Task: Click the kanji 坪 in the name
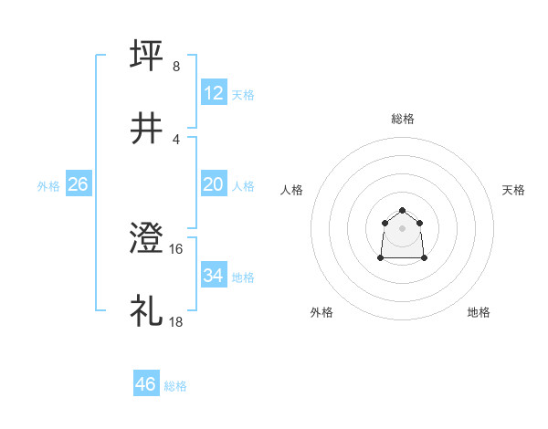[x=147, y=56]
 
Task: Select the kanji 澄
[x=147, y=239]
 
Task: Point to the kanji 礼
[x=147, y=311]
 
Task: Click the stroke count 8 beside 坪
[x=176, y=67]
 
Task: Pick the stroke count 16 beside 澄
[x=178, y=248]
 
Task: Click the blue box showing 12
[x=214, y=93]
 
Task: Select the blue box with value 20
[x=214, y=184]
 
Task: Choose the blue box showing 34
[x=214, y=276]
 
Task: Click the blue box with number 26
[x=79, y=184]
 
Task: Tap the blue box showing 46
[x=146, y=384]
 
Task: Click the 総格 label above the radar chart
[x=403, y=119]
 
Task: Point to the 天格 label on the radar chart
[x=513, y=190]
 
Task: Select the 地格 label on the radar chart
[x=479, y=312]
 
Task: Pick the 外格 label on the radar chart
[x=321, y=312]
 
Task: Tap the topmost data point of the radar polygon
[x=403, y=211]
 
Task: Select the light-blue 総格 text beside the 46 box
[x=175, y=386]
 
